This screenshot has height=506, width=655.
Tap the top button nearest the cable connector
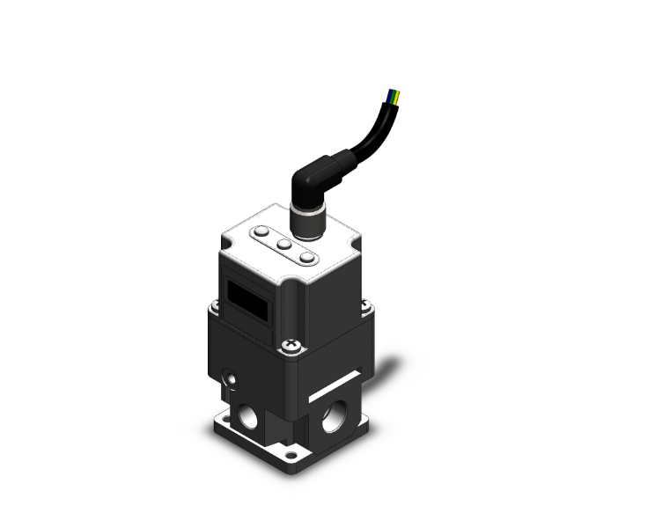pos(306,258)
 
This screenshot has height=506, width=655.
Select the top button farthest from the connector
pos(262,233)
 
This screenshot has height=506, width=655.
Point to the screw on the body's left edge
pos(212,307)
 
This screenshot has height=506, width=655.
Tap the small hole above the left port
pos(232,379)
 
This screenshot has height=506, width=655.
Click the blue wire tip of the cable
pos(392,91)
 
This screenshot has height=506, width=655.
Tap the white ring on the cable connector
pos(304,209)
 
